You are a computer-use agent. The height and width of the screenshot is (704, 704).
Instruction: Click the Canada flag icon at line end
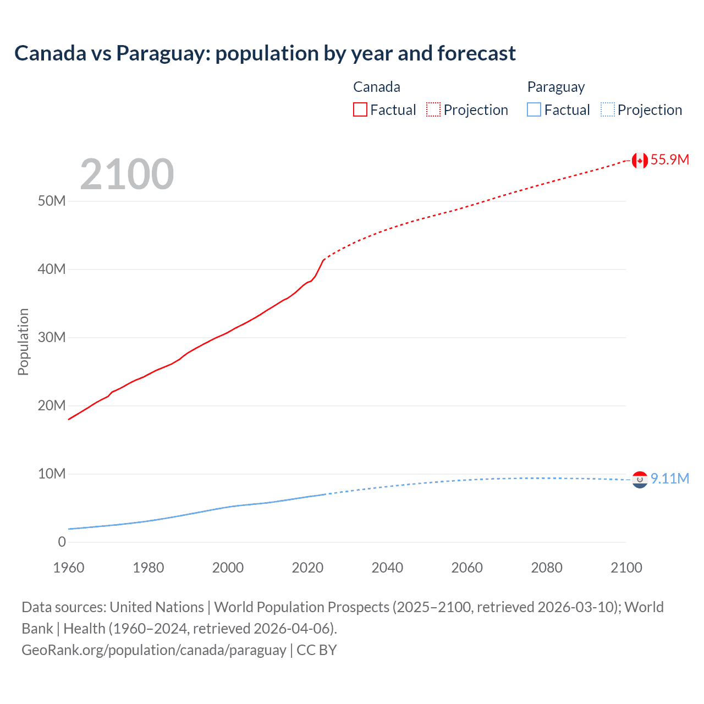click(639, 160)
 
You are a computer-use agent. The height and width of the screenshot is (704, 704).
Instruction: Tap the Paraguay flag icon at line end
click(639, 480)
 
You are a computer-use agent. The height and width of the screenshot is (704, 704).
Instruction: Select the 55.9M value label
click(669, 159)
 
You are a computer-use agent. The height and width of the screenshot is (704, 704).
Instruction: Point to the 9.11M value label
click(669, 479)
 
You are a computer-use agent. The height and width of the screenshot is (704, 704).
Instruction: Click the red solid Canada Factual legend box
click(360, 110)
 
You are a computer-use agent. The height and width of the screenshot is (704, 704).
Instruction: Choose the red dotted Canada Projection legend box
click(433, 110)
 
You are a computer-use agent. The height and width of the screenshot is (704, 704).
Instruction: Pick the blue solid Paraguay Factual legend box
click(534, 110)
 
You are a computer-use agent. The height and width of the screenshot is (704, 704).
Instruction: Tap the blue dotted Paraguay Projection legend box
click(607, 110)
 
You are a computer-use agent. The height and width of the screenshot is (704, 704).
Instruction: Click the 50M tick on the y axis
click(52, 201)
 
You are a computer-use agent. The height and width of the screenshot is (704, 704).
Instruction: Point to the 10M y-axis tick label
click(52, 474)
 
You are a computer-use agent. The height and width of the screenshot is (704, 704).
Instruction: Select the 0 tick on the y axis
click(62, 542)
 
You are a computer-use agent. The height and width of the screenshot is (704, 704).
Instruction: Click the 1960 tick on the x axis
click(69, 568)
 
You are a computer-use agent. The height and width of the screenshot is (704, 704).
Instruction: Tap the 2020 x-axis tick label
click(307, 568)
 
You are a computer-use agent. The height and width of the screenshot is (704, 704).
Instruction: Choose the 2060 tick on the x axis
click(467, 568)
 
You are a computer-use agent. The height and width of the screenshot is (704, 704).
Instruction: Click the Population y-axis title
click(23, 342)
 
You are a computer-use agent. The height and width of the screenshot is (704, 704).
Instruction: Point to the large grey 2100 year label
click(127, 174)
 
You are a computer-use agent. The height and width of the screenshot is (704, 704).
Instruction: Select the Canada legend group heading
click(377, 87)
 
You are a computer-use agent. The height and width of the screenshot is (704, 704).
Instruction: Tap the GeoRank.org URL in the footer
click(153, 650)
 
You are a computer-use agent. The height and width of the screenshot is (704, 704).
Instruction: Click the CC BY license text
click(317, 650)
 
